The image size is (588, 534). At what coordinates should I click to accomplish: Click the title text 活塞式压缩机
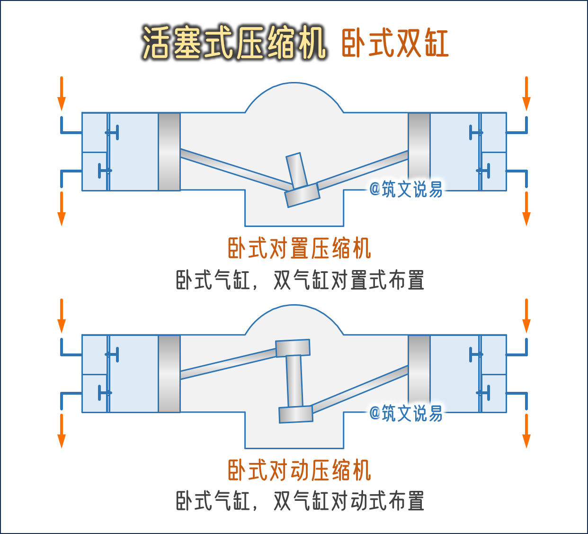234,43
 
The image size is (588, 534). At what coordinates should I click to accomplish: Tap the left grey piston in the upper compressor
169,152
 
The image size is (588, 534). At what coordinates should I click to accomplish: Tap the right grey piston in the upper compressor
419,152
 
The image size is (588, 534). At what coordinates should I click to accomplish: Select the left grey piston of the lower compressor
169,373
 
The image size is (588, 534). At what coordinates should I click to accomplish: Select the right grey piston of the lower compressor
419,373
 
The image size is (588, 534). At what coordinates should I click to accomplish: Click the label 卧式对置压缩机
299,248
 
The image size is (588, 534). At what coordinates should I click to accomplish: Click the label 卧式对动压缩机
299,470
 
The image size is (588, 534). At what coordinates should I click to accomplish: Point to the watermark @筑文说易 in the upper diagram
406,189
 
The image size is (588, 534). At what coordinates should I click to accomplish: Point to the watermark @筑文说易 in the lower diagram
406,413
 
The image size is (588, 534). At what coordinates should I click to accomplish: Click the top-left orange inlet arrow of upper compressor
61,93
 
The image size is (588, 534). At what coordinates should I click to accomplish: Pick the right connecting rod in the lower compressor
360,388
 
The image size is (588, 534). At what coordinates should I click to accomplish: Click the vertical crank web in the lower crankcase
294,380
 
